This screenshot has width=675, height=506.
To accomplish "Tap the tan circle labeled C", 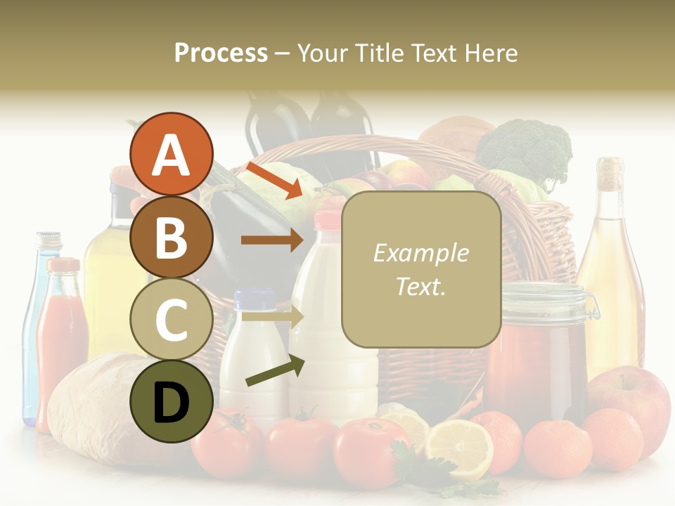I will point(171,319).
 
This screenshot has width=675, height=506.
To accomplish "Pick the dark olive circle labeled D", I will point(171,401).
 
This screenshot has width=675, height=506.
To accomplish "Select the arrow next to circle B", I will point(271,240).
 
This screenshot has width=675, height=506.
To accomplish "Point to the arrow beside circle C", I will point(271,317).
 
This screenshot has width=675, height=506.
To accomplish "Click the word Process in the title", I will point(221,53).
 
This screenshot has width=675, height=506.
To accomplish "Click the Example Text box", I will point(421,269).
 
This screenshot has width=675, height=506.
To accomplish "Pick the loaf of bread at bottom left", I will point(105,408).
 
